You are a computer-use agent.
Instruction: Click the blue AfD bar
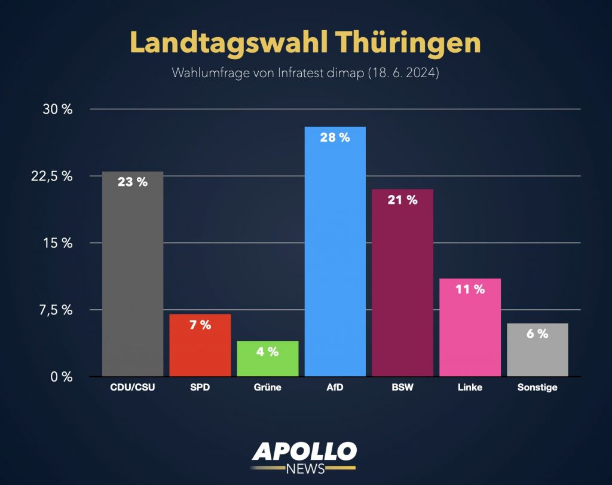pos(335,257)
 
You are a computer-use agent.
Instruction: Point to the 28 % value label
pos(335,137)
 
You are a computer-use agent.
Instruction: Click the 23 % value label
pos(133,182)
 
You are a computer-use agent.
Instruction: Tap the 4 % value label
pos(267,352)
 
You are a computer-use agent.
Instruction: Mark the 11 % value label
pos(470,289)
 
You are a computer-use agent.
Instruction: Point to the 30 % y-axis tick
pos(59,109)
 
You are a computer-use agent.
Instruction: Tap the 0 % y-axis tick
pos(62,377)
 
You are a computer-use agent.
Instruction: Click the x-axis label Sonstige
pos(537,388)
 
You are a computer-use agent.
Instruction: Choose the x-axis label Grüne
pos(267,388)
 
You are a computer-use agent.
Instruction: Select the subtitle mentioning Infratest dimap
pos(306,74)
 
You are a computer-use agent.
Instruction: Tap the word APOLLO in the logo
pos(304,451)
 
